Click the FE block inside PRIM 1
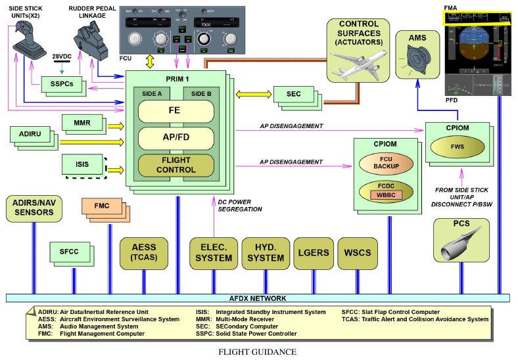176,110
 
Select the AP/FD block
176,138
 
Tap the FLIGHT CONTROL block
176,165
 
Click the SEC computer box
293,94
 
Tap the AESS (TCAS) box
143,253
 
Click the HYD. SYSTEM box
265,253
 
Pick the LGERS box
312,253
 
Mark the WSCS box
358,253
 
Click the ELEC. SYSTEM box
213,253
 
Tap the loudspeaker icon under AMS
417,61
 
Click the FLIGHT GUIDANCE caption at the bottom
258,351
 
